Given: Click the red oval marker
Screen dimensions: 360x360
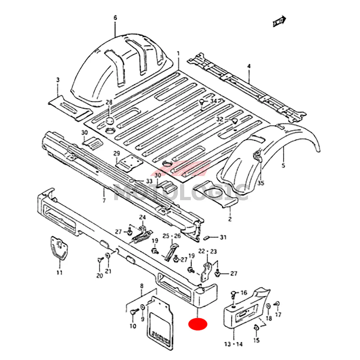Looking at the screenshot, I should coord(198,324).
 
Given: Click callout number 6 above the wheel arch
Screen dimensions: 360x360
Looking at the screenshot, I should coord(115,17).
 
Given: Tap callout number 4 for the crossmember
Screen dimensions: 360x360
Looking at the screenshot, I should coord(248,66).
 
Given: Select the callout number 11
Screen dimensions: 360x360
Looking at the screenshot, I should coord(59,273).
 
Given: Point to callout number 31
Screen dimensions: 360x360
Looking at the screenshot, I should coord(223,237).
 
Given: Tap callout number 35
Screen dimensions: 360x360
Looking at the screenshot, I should coord(261,183).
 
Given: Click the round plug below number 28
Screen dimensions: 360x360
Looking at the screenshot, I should coord(110,120).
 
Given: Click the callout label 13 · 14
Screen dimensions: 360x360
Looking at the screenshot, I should coord(233,344).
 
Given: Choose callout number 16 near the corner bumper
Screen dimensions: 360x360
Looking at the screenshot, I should coord(244,292).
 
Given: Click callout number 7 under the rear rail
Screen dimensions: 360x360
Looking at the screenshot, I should coord(104,201).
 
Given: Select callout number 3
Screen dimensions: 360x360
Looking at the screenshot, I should coord(58,80).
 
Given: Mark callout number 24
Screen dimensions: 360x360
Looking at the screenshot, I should coord(143,217).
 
